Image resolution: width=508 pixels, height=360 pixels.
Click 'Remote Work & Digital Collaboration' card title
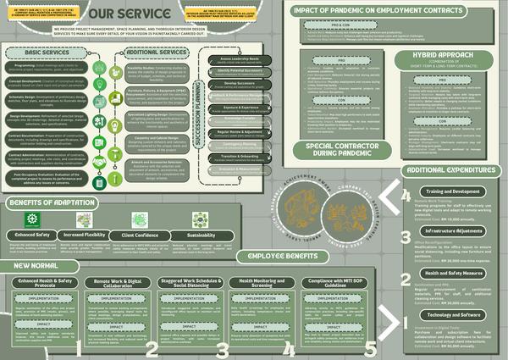pos(118,281)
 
